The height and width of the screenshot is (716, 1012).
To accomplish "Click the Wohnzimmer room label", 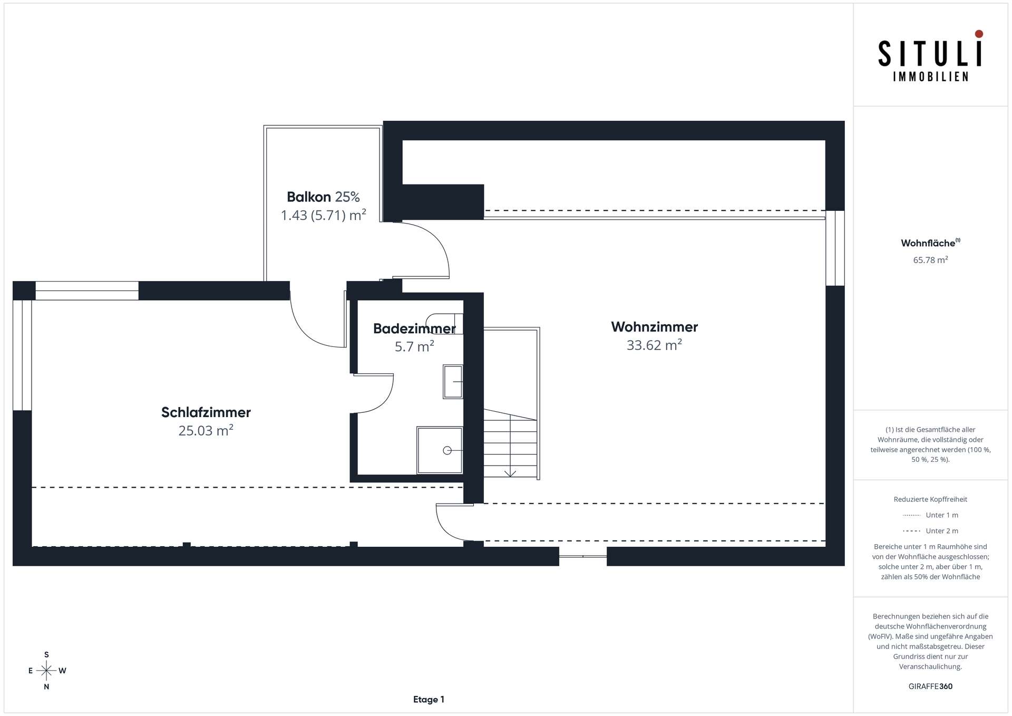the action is (x=654, y=327).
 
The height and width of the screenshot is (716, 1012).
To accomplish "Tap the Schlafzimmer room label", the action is (x=206, y=412).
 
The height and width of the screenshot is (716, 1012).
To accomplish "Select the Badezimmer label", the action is (x=414, y=328).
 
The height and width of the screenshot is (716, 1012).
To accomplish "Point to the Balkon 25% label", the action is (x=323, y=197).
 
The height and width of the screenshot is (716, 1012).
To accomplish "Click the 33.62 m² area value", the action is (x=654, y=345).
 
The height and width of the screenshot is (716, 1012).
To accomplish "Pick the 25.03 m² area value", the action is (x=206, y=431).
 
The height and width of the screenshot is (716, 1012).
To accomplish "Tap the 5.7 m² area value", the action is (x=414, y=346).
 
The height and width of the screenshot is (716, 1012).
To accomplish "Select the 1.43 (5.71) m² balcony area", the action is (x=323, y=215).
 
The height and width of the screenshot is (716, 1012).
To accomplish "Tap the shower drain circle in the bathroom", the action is (x=447, y=450).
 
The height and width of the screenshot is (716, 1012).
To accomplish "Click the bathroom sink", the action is (x=453, y=381).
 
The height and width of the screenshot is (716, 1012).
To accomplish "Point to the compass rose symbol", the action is (x=47, y=671).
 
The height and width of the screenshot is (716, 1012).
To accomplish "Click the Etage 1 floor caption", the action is (x=429, y=700).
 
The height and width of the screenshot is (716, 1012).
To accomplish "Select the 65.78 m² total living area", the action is (x=930, y=260).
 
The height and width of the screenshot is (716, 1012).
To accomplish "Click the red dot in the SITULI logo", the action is (x=979, y=34).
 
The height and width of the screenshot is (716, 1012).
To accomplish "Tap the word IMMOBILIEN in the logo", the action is (x=930, y=77).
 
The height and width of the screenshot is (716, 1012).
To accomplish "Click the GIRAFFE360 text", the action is (x=930, y=686).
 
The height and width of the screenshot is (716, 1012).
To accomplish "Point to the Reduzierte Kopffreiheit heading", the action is (x=930, y=499).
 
